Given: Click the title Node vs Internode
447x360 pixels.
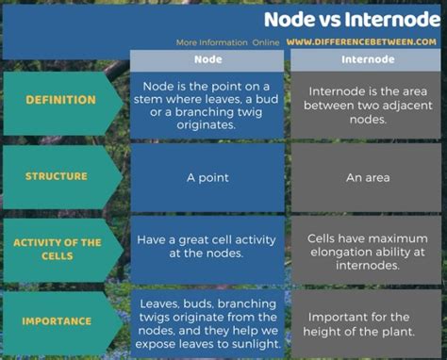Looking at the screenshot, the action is tap(352, 20).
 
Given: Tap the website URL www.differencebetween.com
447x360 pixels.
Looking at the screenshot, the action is tap(361, 42).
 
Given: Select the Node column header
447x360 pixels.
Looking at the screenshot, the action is tap(208, 59).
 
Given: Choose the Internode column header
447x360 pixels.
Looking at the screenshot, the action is tap(368, 59).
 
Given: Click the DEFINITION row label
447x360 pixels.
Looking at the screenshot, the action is tap(60, 100).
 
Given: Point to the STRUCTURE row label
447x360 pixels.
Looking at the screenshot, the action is tap(57, 176).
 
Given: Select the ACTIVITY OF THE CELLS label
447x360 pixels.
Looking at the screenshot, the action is tap(58, 249).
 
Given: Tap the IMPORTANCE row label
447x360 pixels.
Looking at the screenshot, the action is tap(57, 321).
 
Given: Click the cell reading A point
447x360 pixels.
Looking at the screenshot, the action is tap(207, 178).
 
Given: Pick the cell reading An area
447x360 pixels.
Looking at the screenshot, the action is tap(368, 178).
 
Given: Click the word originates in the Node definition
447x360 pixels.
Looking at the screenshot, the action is tap(206, 125).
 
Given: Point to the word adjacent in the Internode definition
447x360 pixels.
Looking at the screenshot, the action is tap(409, 106).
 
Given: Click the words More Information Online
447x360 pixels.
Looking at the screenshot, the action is tap(227, 42).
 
